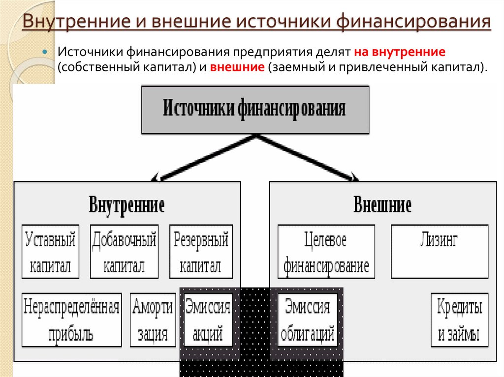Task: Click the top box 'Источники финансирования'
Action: click(255, 109)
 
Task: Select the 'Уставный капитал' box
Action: click(50, 252)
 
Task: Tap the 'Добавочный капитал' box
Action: click(124, 252)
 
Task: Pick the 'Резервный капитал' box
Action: click(201, 252)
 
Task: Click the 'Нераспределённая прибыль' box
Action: click(71, 320)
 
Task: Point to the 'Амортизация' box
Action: click(153, 320)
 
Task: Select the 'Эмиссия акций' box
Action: click(208, 320)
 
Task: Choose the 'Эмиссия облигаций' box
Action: click(308, 320)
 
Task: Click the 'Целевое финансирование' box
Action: click(325, 252)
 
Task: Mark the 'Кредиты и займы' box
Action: click(459, 320)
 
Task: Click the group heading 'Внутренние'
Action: click(126, 205)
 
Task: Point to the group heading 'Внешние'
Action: click(382, 205)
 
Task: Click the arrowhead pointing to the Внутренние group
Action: click(157, 177)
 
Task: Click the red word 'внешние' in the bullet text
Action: click(238, 67)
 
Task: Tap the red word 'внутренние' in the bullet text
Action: click(409, 52)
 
